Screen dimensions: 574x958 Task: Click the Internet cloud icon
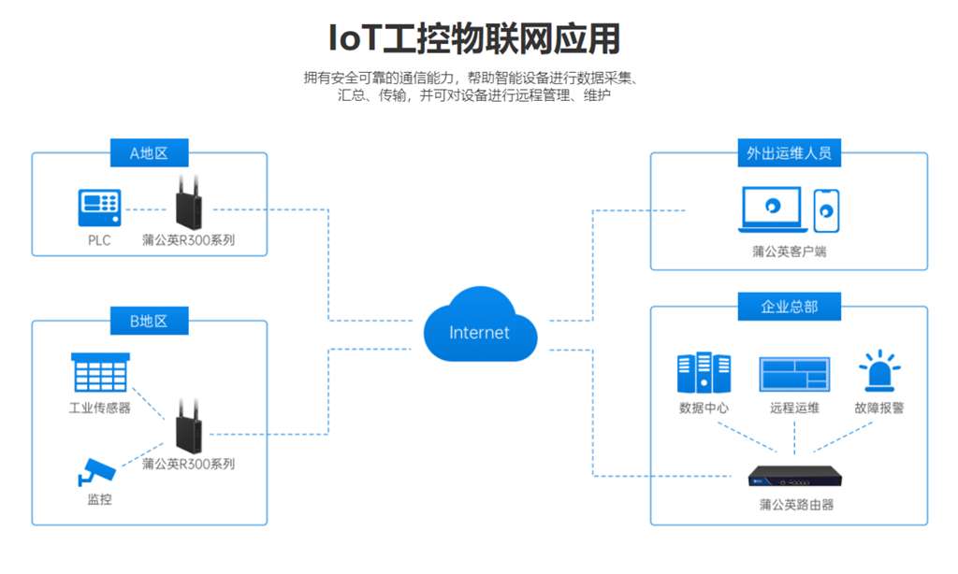pos(480,327)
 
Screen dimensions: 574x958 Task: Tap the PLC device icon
pos(98,208)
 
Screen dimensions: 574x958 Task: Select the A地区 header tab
pos(148,153)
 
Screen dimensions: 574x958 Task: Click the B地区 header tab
pos(148,321)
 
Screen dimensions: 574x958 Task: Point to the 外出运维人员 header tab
pos(788,153)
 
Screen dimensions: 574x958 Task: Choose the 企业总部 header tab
pos(788,306)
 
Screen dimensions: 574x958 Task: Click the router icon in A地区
pos(187,204)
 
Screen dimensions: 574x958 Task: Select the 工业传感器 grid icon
pos(100,374)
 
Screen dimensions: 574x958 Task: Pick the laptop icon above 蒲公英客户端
pos(772,210)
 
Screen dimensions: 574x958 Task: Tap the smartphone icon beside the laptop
pos(825,210)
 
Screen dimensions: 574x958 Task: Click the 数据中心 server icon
pos(704,373)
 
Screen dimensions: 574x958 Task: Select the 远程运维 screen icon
pos(794,374)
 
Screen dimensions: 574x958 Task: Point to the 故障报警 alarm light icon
pos(878,372)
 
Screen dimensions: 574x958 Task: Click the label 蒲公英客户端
pos(789,251)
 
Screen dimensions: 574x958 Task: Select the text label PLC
pos(98,240)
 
